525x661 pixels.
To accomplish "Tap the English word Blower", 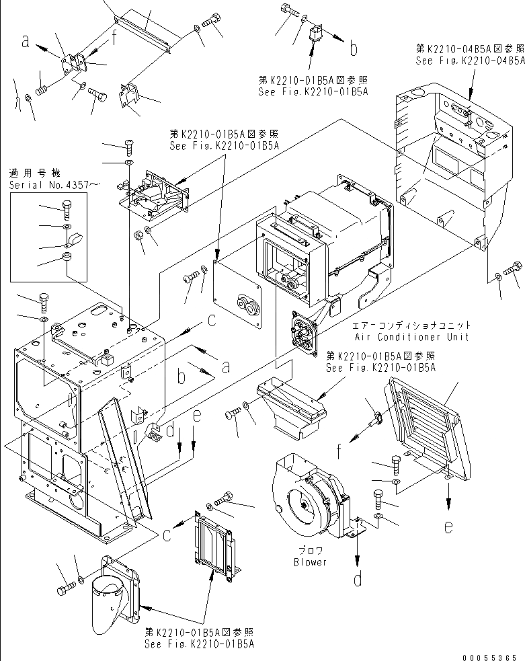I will [x=310, y=562].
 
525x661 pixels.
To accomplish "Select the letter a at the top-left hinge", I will [x=26, y=42].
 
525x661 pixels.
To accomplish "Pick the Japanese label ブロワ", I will [x=310, y=551].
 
